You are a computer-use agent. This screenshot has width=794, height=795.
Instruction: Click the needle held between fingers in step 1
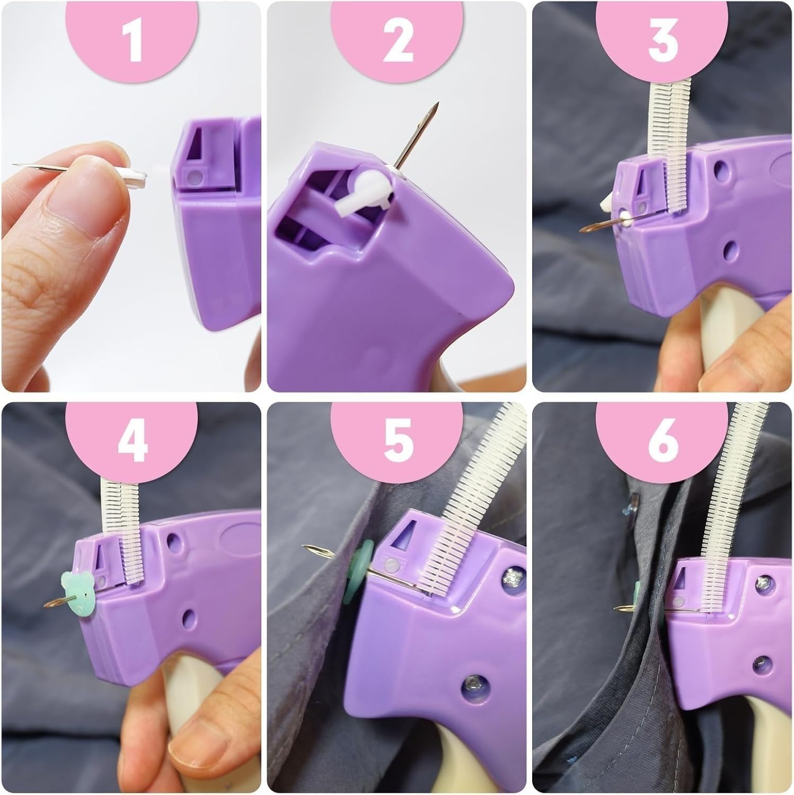click(42, 167)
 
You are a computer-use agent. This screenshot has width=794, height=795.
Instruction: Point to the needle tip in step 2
click(437, 106)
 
